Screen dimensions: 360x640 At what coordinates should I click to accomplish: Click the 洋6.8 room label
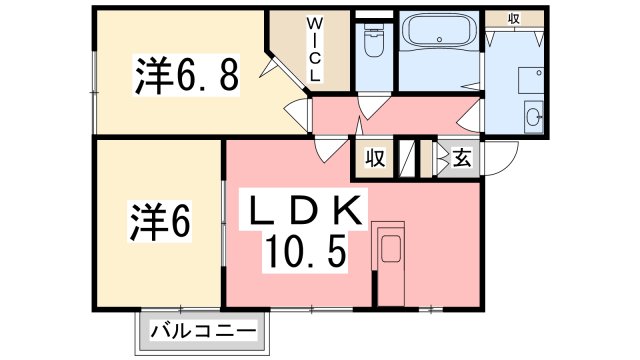187,75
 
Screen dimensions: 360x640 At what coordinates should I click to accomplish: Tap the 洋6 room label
160,221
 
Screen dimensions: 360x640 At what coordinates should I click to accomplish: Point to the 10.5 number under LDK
306,251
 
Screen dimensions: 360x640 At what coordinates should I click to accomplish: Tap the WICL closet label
314,49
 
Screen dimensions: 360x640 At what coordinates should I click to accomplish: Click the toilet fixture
375,41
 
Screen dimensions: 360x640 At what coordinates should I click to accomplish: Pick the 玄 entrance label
461,157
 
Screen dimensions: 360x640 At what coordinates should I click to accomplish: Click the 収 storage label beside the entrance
374,157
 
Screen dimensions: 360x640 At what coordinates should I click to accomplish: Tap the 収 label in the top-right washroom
513,17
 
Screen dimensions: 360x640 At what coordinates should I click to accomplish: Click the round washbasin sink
531,114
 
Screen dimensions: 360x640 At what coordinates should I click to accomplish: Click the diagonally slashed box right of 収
406,159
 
